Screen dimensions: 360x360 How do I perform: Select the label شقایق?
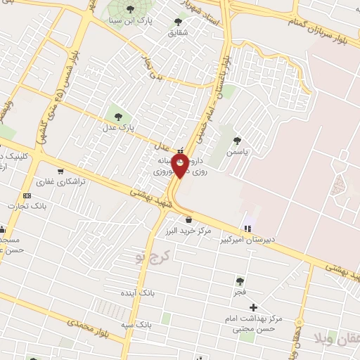[x=179, y=32]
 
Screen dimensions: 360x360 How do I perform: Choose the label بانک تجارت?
[x=26, y=206]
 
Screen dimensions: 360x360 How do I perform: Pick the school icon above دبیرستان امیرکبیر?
[x=247, y=228]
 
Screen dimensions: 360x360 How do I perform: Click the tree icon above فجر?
[x=240, y=281]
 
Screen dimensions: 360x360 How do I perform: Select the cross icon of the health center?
[x=253, y=307]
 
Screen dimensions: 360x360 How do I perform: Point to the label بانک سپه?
[x=136, y=325]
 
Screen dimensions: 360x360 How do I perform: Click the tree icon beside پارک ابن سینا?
[x=129, y=10]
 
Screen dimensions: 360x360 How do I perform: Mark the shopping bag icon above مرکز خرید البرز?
[x=188, y=220]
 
